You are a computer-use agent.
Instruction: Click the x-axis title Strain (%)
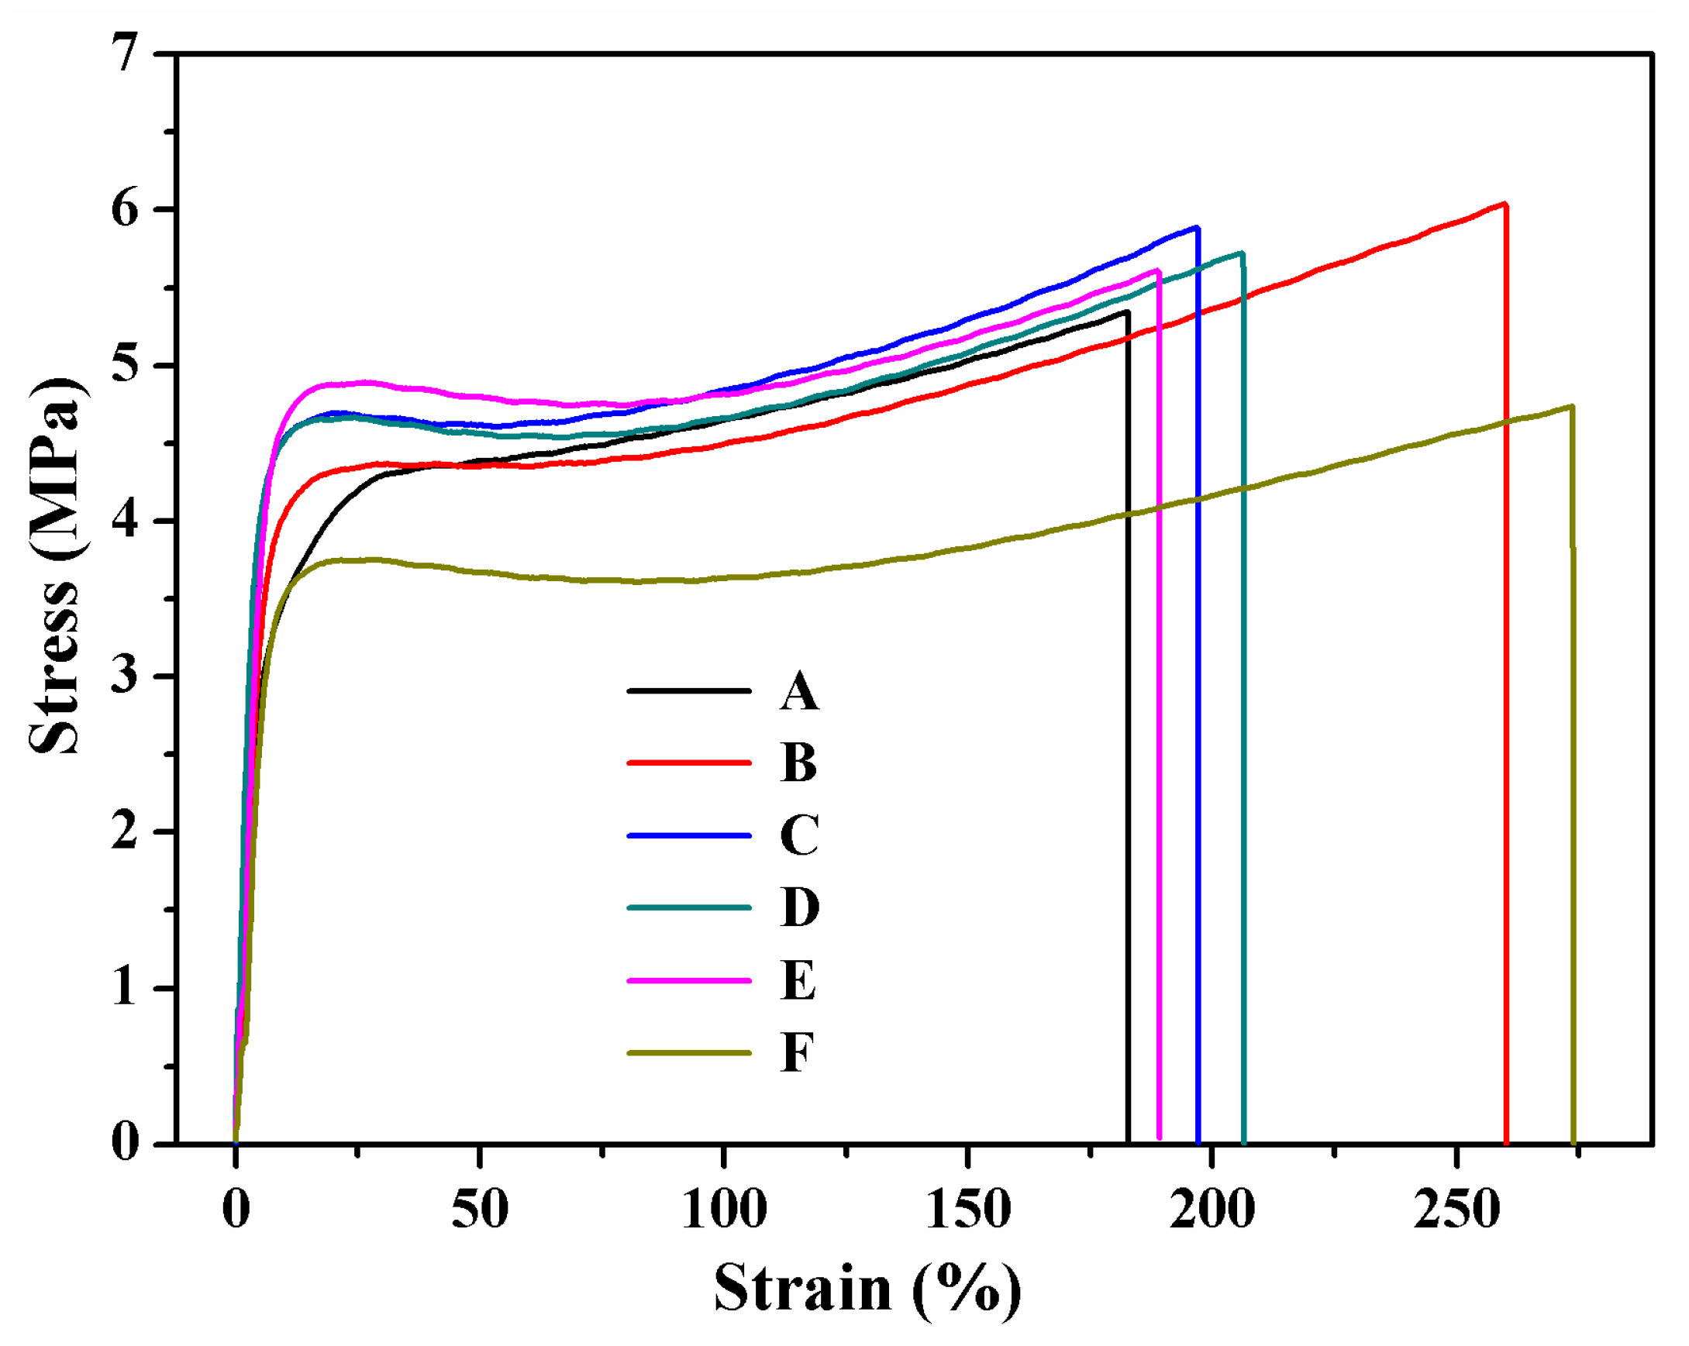coord(867,1288)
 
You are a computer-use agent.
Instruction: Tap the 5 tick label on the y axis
coord(126,366)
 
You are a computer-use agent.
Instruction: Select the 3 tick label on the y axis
coord(126,676)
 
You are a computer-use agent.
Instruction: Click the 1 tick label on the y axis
coord(126,988)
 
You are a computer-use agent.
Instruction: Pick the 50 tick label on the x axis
coord(480,1210)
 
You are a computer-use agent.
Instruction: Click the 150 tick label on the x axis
coord(967,1210)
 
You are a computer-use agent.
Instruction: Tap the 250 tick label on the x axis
coord(1456,1210)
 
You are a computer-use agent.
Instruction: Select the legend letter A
coord(798,691)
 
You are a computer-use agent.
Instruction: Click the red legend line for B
coord(688,762)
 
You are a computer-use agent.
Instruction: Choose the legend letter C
coord(798,835)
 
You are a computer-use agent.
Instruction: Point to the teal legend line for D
coord(688,907)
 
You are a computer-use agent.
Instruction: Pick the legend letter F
coord(797,1052)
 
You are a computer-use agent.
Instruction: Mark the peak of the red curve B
coord(1504,205)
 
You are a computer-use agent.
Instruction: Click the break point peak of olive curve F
coord(1570,406)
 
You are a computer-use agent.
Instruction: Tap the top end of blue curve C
coord(1196,228)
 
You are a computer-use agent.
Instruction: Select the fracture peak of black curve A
coord(1126,312)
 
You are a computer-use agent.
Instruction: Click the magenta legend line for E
coord(688,980)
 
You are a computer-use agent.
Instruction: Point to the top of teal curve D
coord(1242,253)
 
